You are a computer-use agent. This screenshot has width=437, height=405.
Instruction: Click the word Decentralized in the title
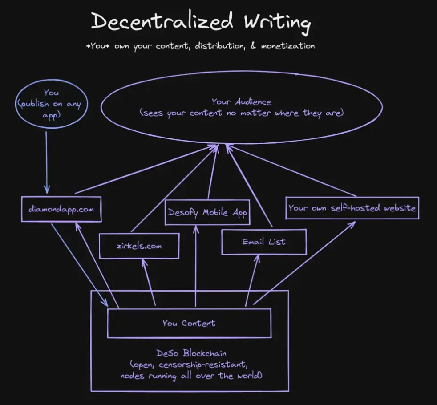point(162,21)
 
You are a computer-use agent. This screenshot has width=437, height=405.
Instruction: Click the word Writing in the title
point(277,23)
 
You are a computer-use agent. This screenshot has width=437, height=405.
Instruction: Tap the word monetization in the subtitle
point(288,46)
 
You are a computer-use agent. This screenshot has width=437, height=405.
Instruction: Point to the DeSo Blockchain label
point(191,353)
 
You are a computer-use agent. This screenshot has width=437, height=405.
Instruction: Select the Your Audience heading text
point(241,102)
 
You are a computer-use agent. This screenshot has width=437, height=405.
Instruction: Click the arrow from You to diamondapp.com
point(47,162)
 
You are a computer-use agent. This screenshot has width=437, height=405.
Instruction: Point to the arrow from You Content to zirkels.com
point(149,282)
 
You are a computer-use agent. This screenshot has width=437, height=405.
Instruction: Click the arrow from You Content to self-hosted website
point(304,263)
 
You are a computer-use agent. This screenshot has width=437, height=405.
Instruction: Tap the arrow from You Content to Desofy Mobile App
point(196,266)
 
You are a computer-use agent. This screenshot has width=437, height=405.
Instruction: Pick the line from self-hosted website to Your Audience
point(291,170)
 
